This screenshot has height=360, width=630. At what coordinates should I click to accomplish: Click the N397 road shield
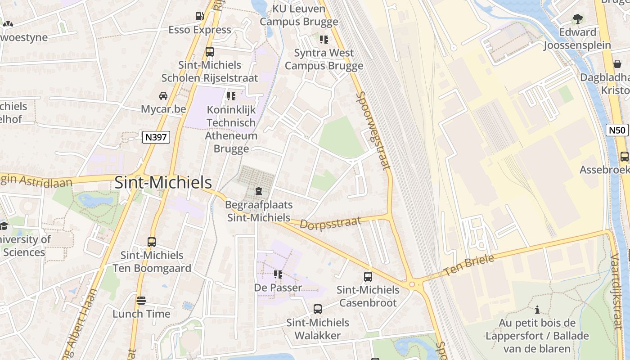tap(156, 137)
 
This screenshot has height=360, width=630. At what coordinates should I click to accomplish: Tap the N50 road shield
tap(616, 130)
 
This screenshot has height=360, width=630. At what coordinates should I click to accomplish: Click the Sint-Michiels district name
tap(163, 183)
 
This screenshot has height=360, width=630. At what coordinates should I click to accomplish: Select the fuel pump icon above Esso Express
tap(199, 17)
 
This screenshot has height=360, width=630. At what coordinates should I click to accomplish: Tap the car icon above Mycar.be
tap(163, 96)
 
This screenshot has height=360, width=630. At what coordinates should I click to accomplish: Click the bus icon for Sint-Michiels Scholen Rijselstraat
tap(210, 52)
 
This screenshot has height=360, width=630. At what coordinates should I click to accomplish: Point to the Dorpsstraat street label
tap(330, 223)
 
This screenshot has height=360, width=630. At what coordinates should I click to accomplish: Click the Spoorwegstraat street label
tap(373, 130)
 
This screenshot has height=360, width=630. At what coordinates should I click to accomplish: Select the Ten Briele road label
tap(468, 265)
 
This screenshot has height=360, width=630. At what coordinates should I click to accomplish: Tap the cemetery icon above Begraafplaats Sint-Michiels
tap(259, 192)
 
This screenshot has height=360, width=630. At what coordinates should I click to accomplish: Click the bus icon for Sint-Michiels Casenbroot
tap(368, 277)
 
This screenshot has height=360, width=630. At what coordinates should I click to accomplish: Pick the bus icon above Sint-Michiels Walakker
tap(318, 309)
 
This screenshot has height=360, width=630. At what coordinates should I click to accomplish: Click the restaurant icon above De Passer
tap(278, 274)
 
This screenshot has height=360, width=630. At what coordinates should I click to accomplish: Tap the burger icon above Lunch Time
tap(141, 301)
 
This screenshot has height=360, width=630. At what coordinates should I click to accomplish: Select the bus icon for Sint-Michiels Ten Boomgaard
tap(152, 242)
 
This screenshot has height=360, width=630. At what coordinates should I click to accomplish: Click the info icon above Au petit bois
tap(537, 310)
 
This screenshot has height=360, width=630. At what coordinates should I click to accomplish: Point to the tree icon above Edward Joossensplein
tap(577, 19)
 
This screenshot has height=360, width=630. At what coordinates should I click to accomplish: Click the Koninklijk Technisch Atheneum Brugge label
tap(231, 129)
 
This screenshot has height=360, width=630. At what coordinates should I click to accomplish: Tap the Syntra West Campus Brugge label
tap(324, 59)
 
